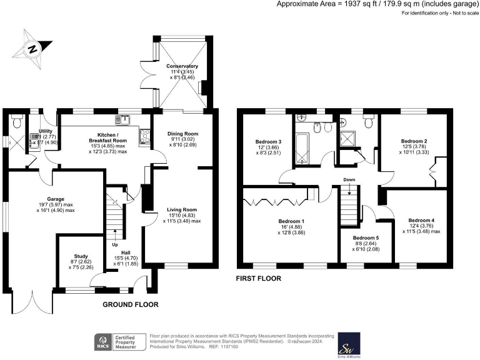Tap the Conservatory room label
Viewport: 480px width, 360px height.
182,66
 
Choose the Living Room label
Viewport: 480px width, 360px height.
182,210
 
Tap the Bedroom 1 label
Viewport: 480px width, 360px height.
294,221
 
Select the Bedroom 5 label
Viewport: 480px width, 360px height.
365,238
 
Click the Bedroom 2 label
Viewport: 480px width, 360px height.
413,141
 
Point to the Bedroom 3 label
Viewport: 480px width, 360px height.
268,142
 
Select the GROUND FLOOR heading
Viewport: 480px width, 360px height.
131,304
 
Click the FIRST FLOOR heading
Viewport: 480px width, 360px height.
258,278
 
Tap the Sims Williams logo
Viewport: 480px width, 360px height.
346,342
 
